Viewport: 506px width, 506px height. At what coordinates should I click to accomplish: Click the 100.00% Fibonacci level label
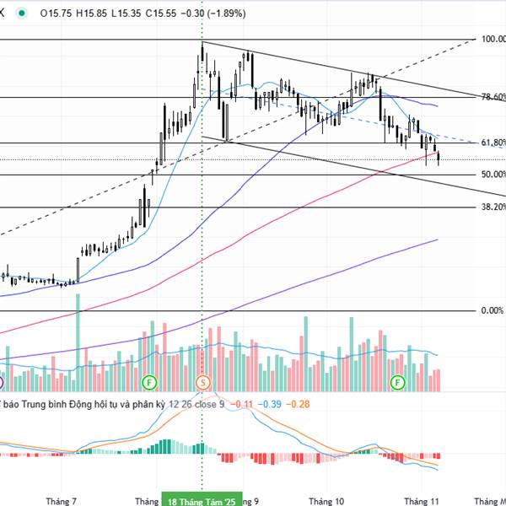pos(492,39)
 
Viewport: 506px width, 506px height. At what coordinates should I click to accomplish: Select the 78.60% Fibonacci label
pos(492,97)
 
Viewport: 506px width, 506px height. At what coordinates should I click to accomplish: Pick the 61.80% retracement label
pos(492,143)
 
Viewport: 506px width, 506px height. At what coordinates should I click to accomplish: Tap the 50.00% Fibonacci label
pos(492,175)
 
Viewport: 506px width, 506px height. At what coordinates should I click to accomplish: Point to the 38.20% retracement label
pos(492,207)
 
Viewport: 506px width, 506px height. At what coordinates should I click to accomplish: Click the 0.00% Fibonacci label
pos(492,310)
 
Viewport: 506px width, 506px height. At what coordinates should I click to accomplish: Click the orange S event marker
pos(202,383)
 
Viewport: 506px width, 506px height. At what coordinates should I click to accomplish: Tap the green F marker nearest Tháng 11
pos(397,383)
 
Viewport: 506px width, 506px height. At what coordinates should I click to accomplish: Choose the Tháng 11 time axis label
pos(422,498)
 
